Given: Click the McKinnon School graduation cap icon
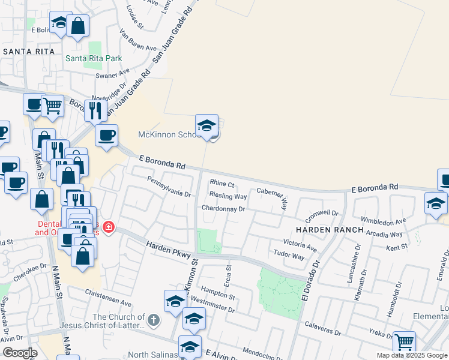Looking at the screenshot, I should click(x=207, y=125).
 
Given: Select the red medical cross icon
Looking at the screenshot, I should click(x=108, y=227).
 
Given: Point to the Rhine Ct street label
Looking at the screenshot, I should click(x=221, y=184).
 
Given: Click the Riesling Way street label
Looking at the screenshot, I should click(x=228, y=196).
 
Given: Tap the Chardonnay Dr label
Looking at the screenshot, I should click(x=223, y=209).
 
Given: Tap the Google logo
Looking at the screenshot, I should click(x=20, y=353).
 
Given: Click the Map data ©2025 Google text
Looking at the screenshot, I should click(x=412, y=355).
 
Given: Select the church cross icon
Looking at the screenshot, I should click(x=153, y=320).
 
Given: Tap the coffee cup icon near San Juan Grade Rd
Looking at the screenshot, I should click(x=107, y=136).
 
